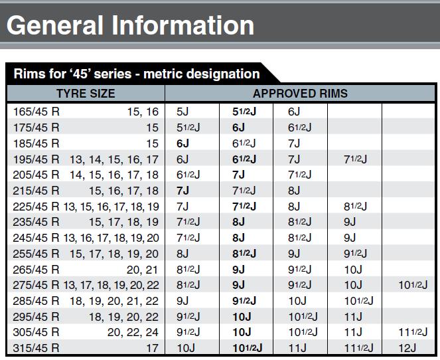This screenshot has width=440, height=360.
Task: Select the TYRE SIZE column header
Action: coord(85,94)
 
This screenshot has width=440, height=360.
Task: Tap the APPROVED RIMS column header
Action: coord(300,94)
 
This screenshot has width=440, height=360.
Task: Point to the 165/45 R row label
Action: coord(37,111)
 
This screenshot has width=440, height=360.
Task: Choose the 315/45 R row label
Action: coord(37,347)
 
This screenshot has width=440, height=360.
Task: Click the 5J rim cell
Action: coord(183,111)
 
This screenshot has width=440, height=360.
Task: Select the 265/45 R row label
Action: coord(37,269)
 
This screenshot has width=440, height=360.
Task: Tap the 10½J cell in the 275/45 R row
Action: coord(411,285)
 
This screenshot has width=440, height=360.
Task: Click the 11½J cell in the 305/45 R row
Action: coord(411,332)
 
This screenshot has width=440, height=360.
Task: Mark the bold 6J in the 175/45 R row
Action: coord(238,127)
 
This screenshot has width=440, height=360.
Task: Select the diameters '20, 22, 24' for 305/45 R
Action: coord(133,332)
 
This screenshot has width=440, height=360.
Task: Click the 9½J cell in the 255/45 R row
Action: coord(357,253)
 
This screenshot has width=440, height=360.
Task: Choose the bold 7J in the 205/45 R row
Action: coord(238,174)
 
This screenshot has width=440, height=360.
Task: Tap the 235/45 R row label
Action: coord(37,222)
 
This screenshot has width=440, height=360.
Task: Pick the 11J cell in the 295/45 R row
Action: coord(354,316)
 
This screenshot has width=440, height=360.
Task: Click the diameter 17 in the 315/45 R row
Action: coord(153,347)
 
